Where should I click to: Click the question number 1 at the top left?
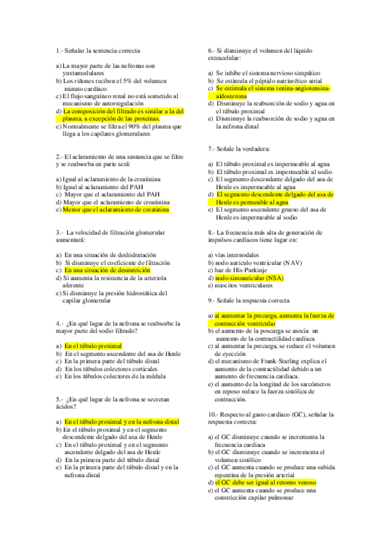(59, 50)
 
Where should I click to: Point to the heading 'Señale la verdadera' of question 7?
(243, 149)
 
